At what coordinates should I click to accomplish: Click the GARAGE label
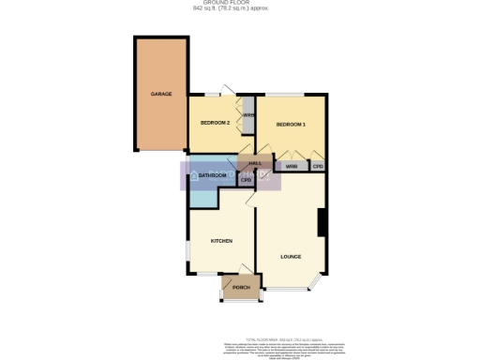(x=162, y=95)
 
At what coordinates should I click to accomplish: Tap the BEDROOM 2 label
(x=216, y=123)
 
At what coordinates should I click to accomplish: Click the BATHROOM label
(x=213, y=175)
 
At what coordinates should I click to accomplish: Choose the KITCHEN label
(x=221, y=241)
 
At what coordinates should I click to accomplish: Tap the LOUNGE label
(x=291, y=255)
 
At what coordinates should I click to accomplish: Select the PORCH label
(x=240, y=288)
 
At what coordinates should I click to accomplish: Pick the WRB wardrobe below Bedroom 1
(x=292, y=167)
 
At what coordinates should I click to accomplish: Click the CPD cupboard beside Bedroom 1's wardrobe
(x=319, y=167)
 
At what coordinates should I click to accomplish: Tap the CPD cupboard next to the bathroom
(x=246, y=179)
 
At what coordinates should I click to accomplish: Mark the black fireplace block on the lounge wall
(x=322, y=223)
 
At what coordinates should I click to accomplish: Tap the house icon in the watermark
(x=194, y=175)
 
